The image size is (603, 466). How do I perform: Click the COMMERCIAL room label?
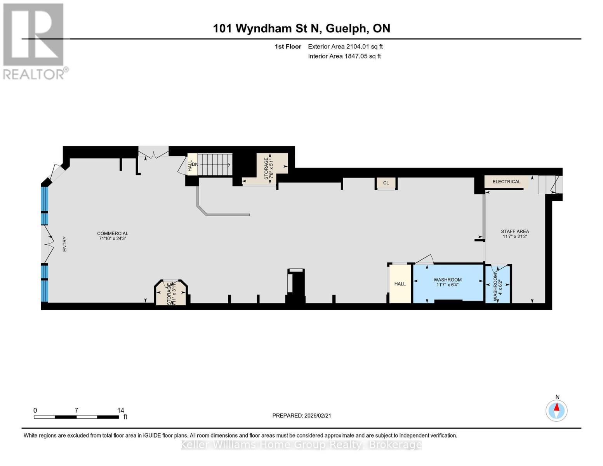113,233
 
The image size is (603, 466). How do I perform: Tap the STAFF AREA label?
515,231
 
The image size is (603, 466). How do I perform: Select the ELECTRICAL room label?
506,182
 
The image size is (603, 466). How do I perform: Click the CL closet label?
386,183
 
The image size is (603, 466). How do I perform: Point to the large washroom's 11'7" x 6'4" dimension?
447,285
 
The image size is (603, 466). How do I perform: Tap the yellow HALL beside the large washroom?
400,284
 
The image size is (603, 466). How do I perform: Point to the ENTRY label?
65,244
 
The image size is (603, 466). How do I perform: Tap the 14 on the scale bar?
120,410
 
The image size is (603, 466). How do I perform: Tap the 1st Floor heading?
288,47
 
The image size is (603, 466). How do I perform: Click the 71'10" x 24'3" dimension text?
113,239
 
